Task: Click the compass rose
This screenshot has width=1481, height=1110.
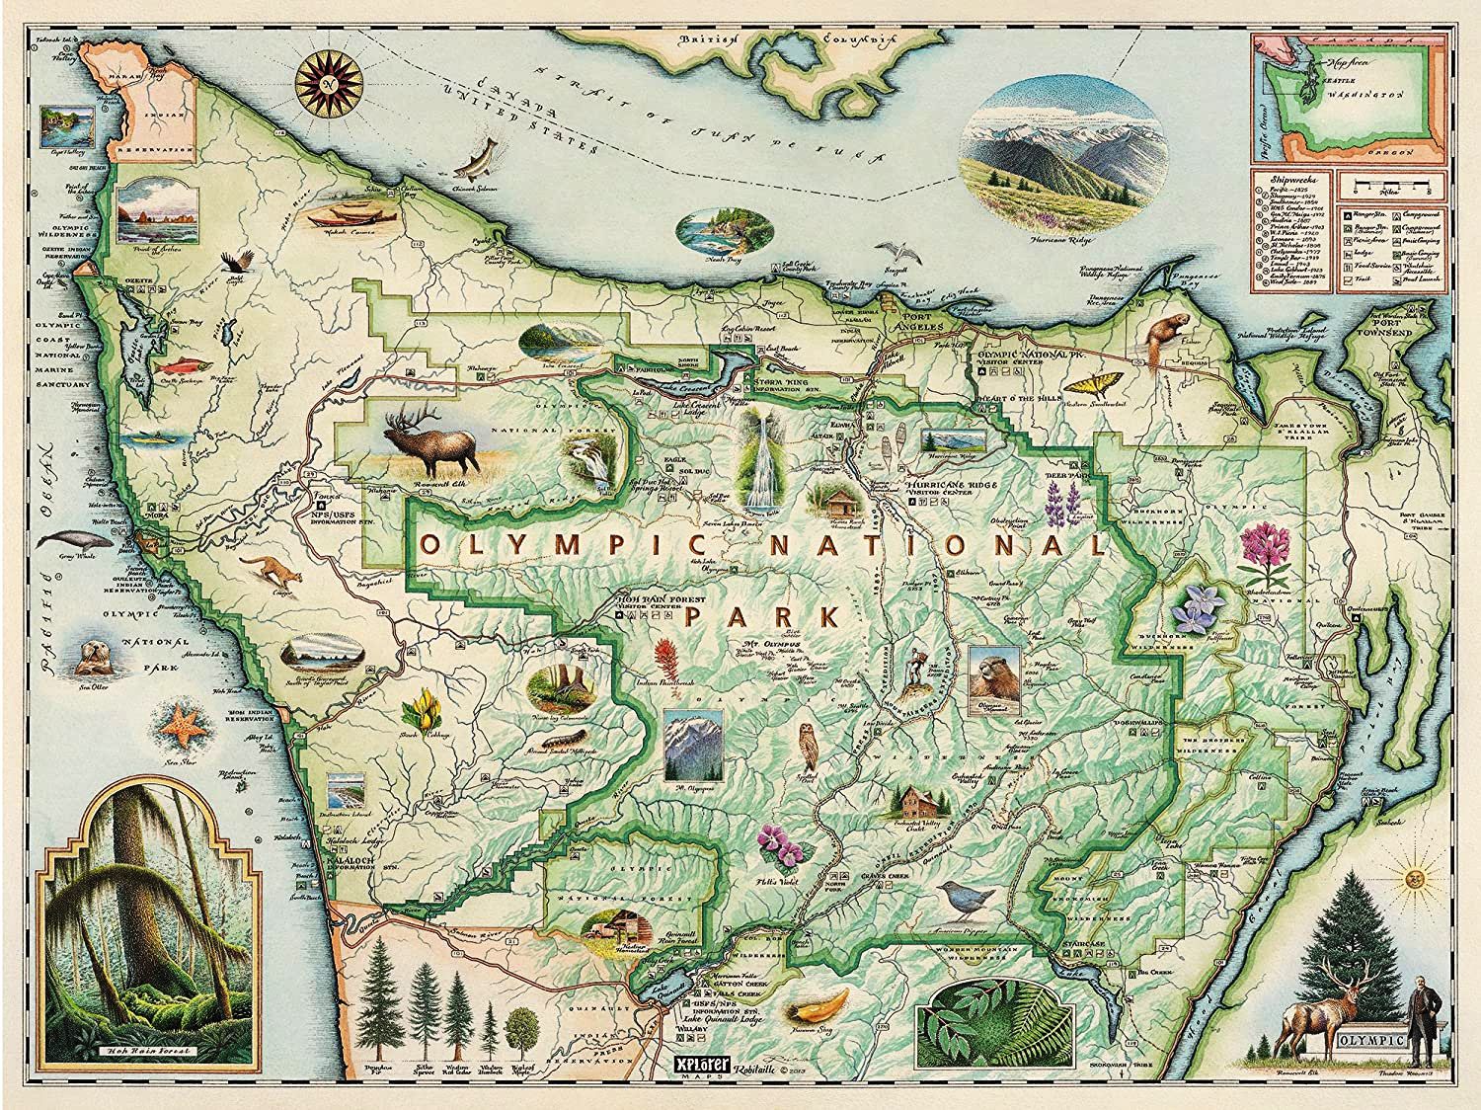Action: pyautogui.click(x=332, y=81)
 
